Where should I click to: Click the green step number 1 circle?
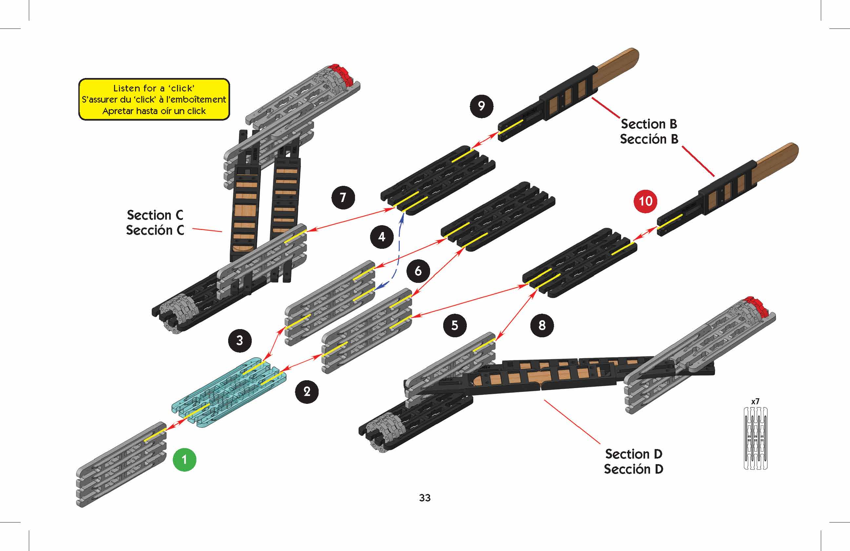[x=184, y=459]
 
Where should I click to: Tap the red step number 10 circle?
[x=645, y=201]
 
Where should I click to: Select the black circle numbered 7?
[x=343, y=197]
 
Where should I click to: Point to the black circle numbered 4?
[x=382, y=237]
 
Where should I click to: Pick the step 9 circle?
[x=482, y=106]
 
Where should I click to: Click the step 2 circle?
[x=307, y=392]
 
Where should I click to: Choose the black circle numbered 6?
[x=418, y=271]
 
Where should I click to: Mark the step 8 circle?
[x=542, y=325]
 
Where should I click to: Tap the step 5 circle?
[x=455, y=325]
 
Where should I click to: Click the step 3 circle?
[x=240, y=340]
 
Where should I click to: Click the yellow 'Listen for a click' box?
[x=154, y=99]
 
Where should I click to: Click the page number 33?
[x=425, y=498]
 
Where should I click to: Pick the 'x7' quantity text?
[x=755, y=402]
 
